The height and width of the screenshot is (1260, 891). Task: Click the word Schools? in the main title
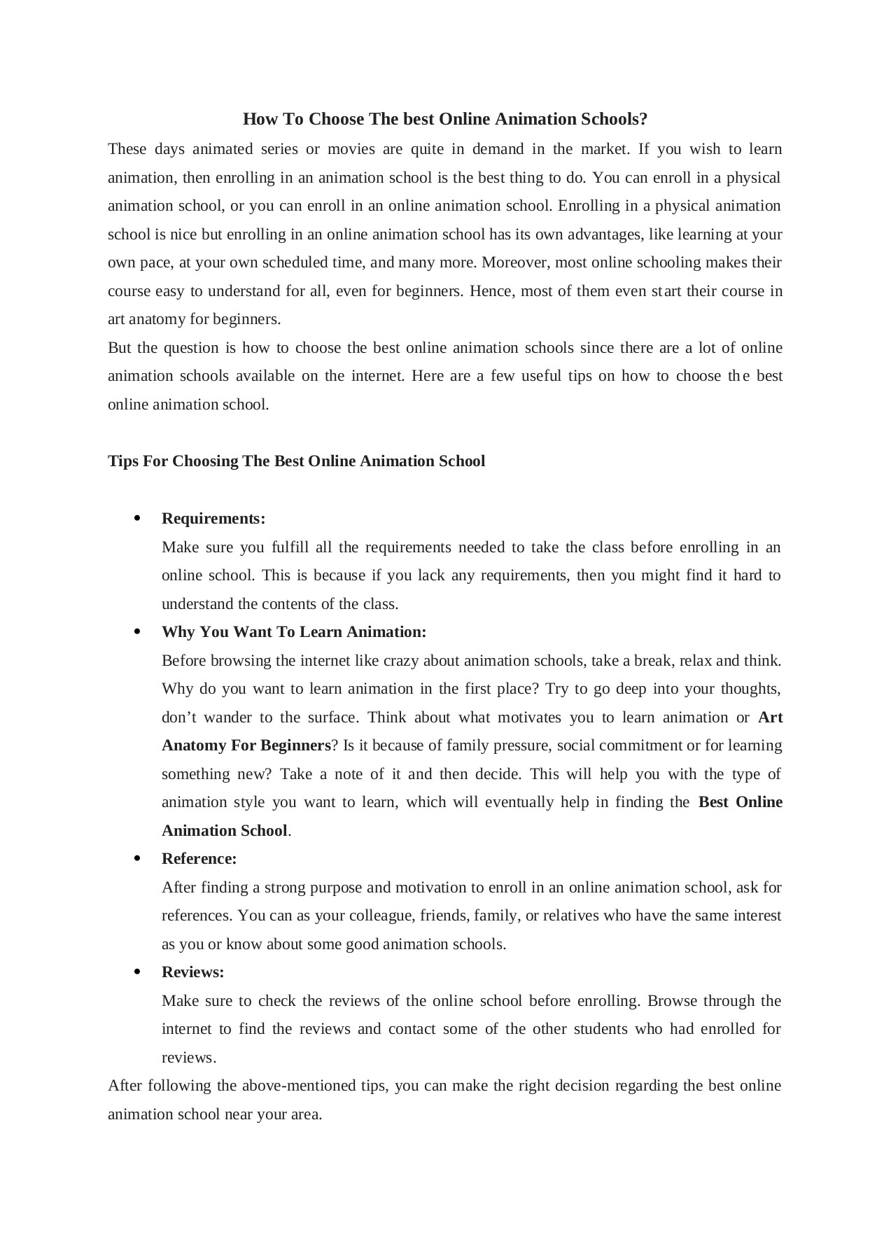point(614,119)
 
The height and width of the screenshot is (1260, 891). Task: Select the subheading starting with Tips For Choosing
point(296,461)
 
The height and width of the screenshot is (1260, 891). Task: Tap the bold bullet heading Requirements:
point(213,519)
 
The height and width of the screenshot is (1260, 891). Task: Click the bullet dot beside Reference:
point(137,858)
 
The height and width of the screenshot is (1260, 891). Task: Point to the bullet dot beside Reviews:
point(137,972)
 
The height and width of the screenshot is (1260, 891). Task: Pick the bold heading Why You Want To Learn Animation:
point(294,632)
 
